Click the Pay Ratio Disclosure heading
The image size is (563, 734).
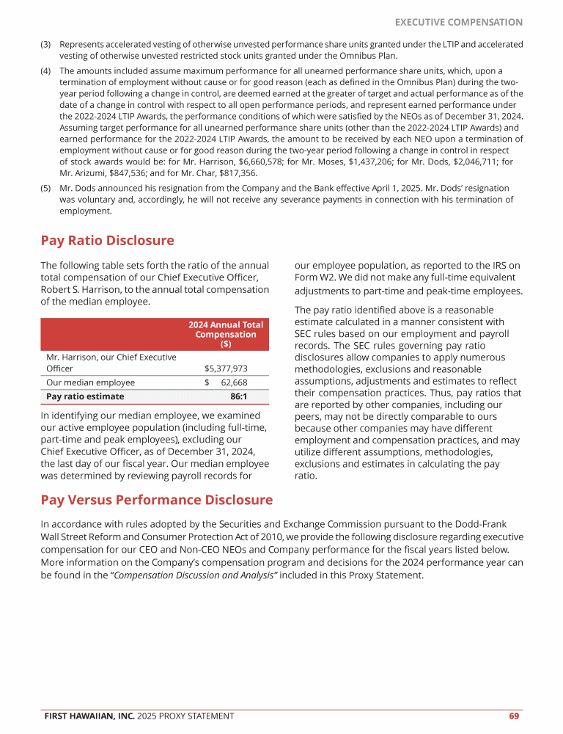point(107,241)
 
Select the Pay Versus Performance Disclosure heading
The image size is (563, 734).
point(156,500)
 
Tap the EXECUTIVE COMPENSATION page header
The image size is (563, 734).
point(458,22)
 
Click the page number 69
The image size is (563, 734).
point(515,716)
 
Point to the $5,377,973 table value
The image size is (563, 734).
point(225,368)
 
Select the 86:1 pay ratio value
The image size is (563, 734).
point(238,396)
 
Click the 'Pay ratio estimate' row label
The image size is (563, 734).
point(85,396)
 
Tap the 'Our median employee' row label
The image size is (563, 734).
point(90,382)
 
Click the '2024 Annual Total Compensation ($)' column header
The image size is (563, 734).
point(226,334)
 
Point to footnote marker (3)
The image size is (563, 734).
point(45,44)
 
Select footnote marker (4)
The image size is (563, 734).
point(45,71)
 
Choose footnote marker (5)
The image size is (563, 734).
point(45,187)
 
